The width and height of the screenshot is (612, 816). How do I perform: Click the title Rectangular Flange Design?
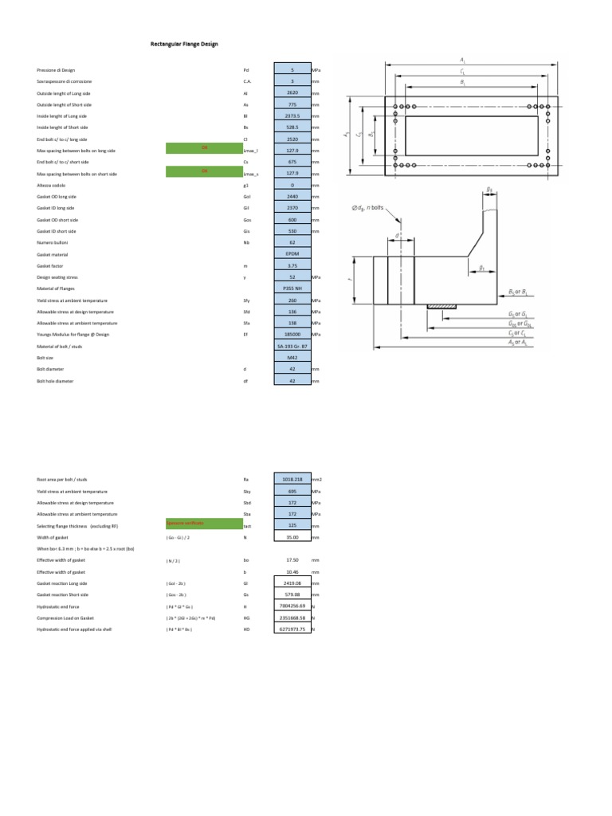click(184, 44)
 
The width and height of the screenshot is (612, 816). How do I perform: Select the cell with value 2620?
click(292, 93)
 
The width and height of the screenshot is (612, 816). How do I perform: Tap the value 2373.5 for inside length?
click(292, 116)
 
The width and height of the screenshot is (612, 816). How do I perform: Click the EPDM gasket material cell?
click(292, 254)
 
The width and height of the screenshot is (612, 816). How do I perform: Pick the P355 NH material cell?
click(292, 288)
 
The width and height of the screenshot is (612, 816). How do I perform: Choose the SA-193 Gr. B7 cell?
click(292, 347)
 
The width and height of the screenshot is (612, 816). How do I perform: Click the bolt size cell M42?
click(292, 358)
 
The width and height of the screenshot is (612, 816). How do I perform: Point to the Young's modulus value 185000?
click(292, 335)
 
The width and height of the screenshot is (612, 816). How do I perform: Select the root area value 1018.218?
click(292, 480)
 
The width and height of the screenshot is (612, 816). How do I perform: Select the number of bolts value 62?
click(292, 243)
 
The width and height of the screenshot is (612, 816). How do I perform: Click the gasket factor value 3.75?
click(292, 265)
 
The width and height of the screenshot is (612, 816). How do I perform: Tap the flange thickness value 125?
click(292, 526)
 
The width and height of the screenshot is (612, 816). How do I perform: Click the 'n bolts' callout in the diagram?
click(367, 208)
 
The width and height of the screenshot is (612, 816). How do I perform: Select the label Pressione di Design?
click(53, 70)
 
